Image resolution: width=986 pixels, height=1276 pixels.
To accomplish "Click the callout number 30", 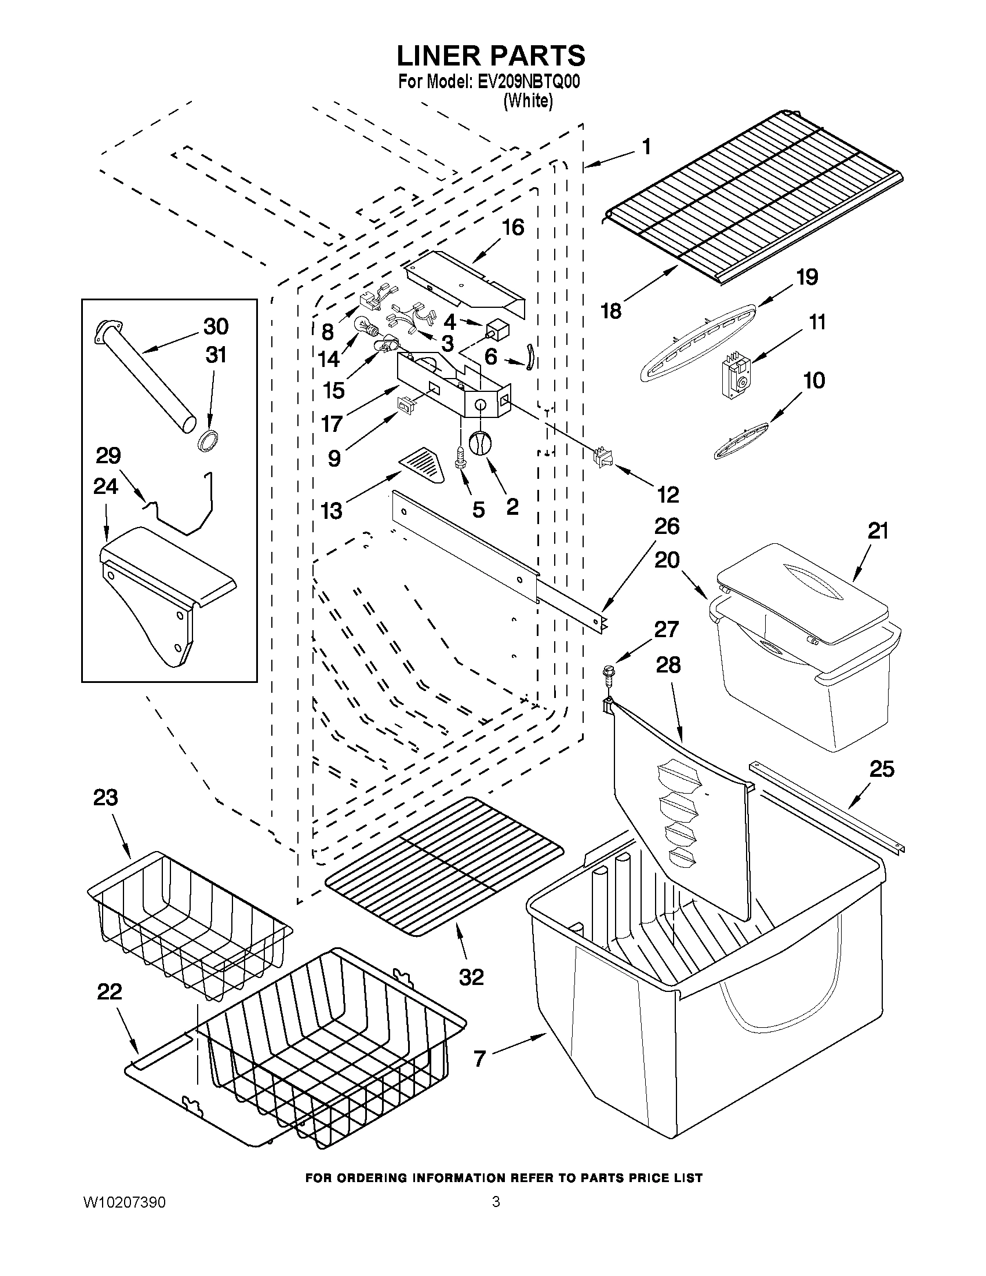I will point(216,326).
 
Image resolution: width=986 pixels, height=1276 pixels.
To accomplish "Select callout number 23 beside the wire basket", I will point(105,798).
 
